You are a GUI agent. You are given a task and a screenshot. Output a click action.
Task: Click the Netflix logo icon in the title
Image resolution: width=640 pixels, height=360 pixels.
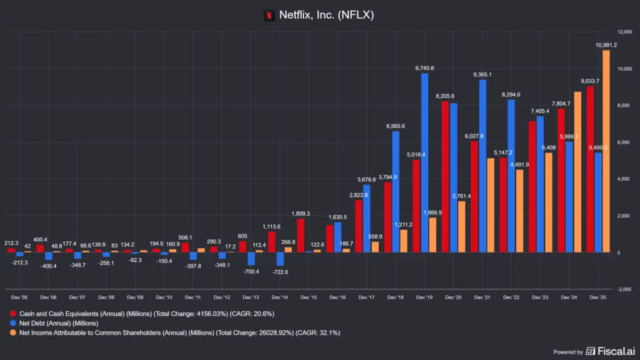coord(269,15)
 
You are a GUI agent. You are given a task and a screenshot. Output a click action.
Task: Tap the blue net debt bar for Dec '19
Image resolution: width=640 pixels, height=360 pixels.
coord(424,162)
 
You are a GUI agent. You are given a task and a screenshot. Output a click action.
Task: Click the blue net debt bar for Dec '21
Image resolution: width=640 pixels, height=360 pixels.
coord(482,166)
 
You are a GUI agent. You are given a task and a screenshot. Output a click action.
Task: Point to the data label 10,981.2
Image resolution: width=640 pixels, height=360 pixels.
coord(605,45)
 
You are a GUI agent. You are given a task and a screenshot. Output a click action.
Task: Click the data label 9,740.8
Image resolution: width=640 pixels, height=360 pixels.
coord(424,68)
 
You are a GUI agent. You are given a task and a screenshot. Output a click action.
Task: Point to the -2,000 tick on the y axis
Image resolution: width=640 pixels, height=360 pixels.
coord(623,289)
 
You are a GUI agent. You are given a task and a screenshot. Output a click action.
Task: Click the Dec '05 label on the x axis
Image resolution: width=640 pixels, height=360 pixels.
coord(19,297)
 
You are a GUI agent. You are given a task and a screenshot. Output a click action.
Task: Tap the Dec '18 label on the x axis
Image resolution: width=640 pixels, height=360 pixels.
coord(395,297)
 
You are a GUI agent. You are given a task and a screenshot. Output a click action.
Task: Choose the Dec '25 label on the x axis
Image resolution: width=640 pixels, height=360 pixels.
coord(597,297)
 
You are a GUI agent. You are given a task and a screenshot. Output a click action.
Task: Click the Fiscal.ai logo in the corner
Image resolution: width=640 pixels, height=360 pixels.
coord(609,351)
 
